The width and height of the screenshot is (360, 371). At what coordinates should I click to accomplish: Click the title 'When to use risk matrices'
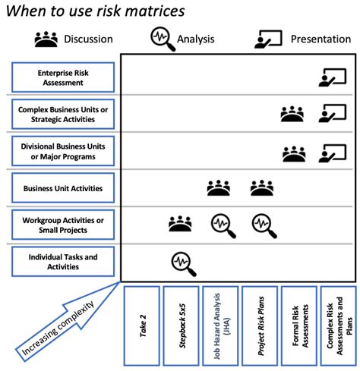point(95,11)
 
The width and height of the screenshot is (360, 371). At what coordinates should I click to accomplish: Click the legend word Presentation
point(322,39)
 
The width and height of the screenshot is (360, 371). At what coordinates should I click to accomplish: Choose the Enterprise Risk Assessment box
point(63,77)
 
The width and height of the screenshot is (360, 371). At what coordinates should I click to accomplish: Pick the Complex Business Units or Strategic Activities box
point(63,115)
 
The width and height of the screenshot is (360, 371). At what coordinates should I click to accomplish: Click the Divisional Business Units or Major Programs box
point(63,151)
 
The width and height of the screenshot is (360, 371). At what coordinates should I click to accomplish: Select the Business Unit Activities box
point(63,188)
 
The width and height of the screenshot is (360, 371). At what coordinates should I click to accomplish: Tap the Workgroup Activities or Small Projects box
point(63,225)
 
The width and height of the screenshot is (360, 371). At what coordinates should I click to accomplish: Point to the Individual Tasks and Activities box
point(63,262)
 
